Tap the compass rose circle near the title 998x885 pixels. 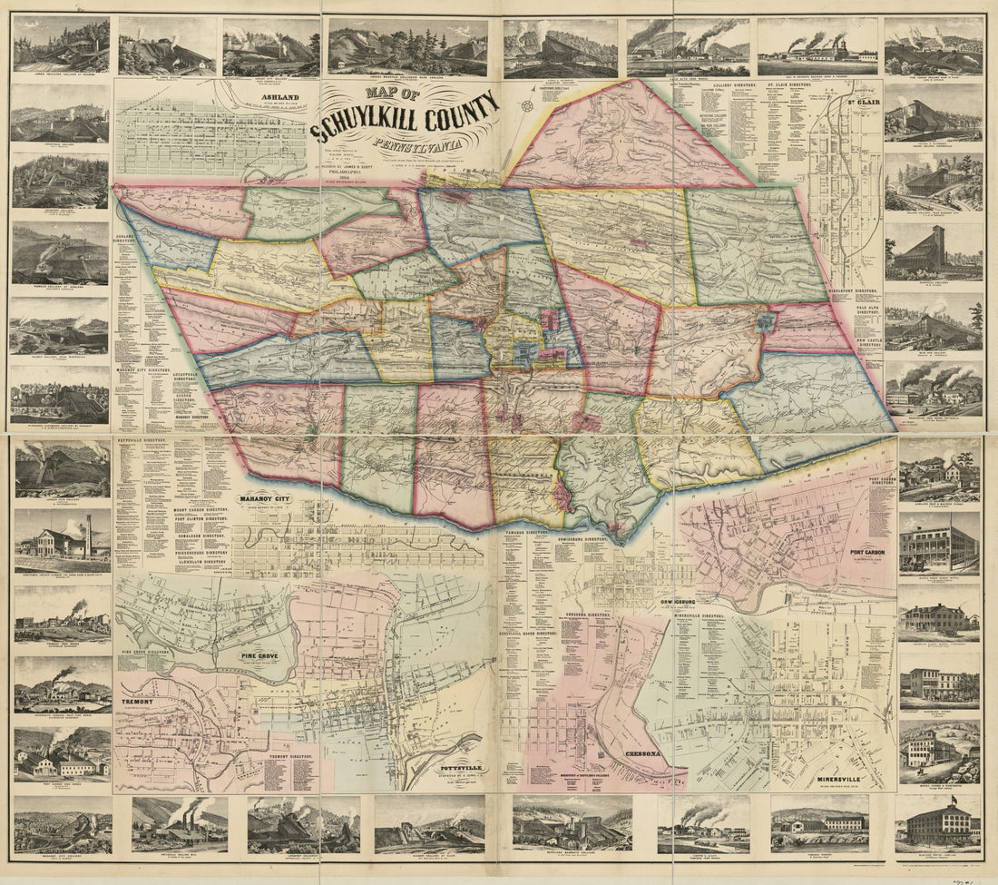coord(527,107)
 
